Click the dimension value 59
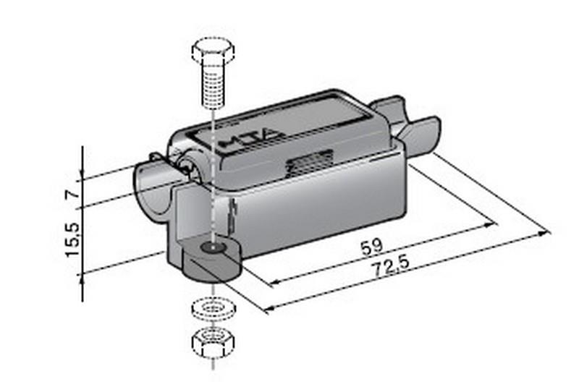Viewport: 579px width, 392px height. click(x=372, y=247)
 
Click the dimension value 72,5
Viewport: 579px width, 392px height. click(x=391, y=265)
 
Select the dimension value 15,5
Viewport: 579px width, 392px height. click(x=73, y=239)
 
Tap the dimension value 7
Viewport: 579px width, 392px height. click(x=73, y=194)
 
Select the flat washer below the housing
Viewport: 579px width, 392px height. click(x=214, y=308)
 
